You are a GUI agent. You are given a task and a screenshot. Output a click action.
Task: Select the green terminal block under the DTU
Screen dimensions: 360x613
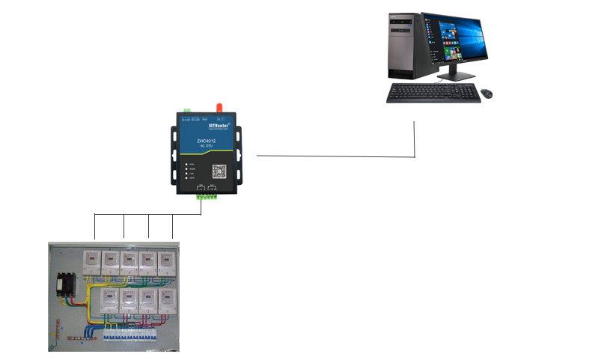click(x=207, y=197)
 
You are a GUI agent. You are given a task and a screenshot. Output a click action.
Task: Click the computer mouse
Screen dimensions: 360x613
click(x=487, y=94)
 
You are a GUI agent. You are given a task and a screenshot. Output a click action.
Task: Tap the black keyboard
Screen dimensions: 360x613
click(x=432, y=93)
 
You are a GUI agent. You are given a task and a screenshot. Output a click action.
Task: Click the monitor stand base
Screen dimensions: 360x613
click(x=454, y=76)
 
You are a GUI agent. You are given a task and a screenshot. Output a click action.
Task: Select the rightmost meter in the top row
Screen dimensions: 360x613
click(x=168, y=261)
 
